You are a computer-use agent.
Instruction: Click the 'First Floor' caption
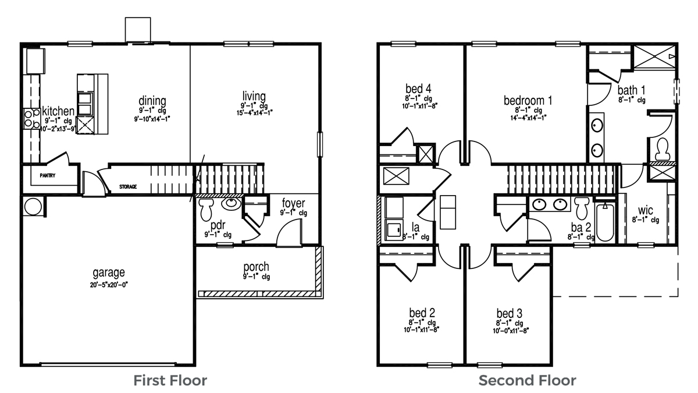[x=170, y=381]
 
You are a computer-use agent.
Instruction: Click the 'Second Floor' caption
[x=527, y=381]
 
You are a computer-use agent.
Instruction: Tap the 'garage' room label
[x=109, y=272]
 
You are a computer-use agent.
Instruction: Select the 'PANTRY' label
[x=48, y=175]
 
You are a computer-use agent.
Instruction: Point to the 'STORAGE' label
[x=128, y=187]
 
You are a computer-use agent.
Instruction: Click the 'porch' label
[x=256, y=267]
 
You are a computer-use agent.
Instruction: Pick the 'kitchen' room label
[x=58, y=111]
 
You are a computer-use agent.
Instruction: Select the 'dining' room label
[x=152, y=100]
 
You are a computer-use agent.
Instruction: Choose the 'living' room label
[x=255, y=96]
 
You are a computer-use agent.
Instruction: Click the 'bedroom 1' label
[x=528, y=100]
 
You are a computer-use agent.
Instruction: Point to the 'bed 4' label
[x=419, y=89]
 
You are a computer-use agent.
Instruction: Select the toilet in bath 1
[x=661, y=150]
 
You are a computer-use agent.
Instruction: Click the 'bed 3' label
[x=509, y=313]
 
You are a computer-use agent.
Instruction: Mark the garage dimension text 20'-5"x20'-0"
[x=109, y=285]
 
